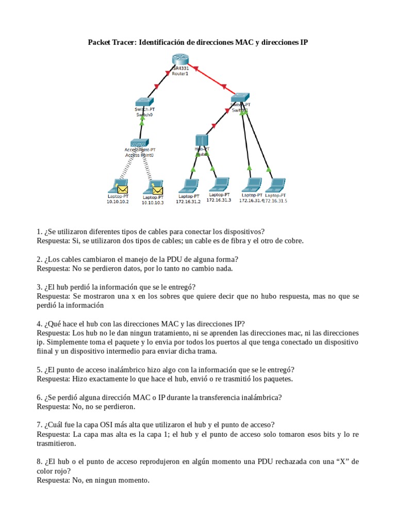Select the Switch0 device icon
pyautogui.click(x=144, y=102)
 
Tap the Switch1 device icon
pyautogui.click(x=239, y=97)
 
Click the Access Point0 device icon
pyautogui.click(x=139, y=143)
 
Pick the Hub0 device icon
pyautogui.click(x=202, y=140)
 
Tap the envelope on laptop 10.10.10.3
pyautogui.click(x=157, y=191)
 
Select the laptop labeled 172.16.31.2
pyautogui.click(x=189, y=186)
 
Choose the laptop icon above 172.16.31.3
pyautogui.click(x=220, y=184)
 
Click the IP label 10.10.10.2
pyautogui.click(x=118, y=202)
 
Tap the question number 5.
pyautogui.click(x=39, y=369)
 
